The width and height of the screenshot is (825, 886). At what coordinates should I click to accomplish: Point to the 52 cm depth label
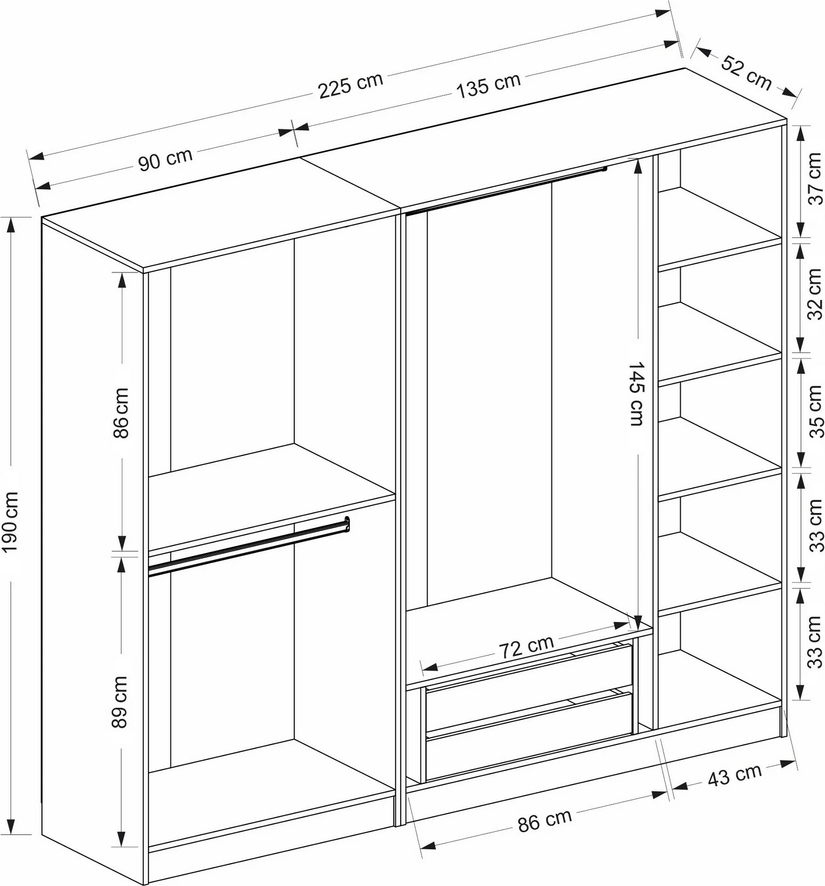[746, 72]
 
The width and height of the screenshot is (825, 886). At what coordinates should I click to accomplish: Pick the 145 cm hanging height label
[637, 394]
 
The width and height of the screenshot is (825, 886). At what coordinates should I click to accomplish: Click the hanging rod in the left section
[249, 546]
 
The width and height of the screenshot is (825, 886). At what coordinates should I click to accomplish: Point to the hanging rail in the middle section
[506, 191]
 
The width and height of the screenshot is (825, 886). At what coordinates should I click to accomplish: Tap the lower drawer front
[529, 736]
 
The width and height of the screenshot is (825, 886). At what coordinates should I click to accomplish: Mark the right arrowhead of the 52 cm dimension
[790, 93]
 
